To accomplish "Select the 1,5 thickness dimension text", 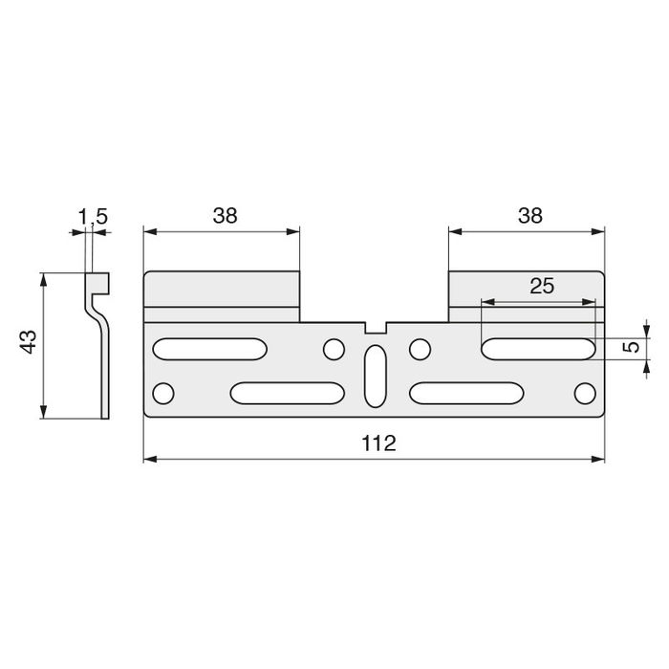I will (x=92, y=218).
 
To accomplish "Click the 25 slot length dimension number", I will (x=540, y=285).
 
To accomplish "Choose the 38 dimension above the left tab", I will (x=225, y=216).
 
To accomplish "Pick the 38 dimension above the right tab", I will (x=529, y=216).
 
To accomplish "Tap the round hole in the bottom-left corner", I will (x=164, y=393).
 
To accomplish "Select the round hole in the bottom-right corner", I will (x=584, y=393).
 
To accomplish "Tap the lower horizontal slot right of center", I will (x=466, y=393).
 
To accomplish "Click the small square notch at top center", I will (x=375, y=327).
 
